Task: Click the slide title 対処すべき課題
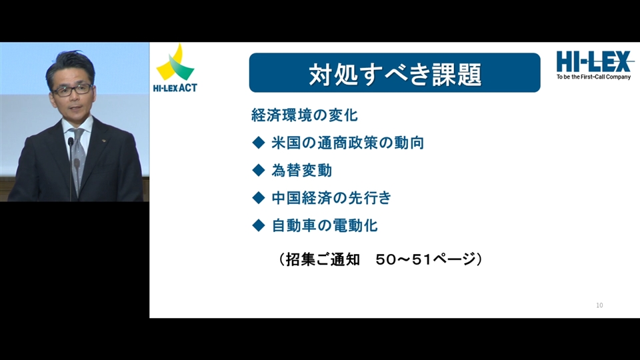pos(395,74)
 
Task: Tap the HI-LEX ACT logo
pos(175,68)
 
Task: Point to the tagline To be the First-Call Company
pos(593,77)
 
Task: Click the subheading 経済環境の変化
pos(305,115)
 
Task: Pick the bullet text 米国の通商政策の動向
pos(348,143)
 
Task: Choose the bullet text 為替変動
pos(301,170)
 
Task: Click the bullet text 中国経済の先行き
pos(331,198)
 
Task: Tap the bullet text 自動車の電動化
pos(325,225)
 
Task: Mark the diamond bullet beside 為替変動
pos(259,170)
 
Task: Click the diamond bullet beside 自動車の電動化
pos(259,225)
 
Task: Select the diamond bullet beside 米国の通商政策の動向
pos(259,143)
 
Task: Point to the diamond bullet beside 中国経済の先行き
pos(259,198)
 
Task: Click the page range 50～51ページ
pos(426,259)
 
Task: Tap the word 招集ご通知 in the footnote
pos(323,259)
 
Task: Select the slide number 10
pos(599,305)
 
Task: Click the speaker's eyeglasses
pos(72,89)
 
